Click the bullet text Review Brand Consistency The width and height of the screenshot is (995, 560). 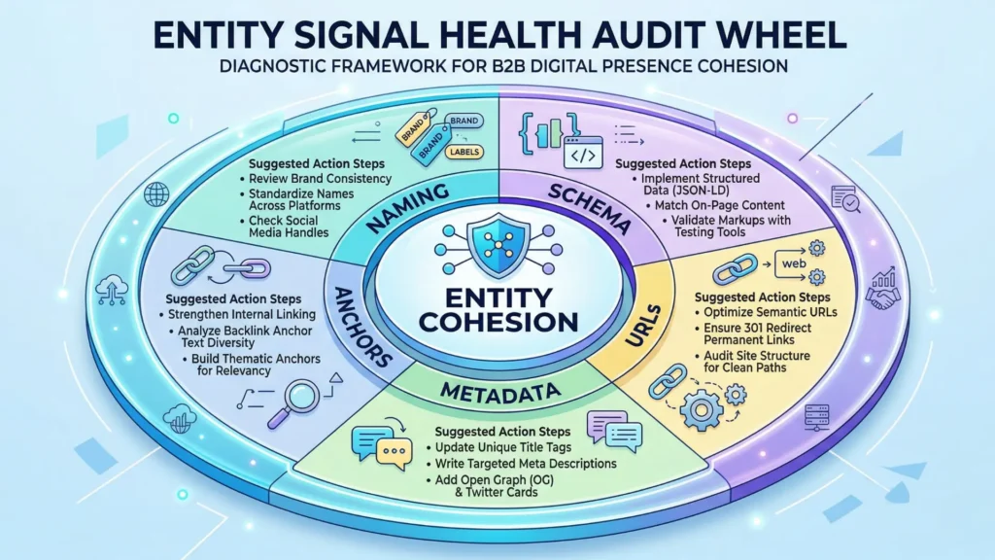[320, 179]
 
